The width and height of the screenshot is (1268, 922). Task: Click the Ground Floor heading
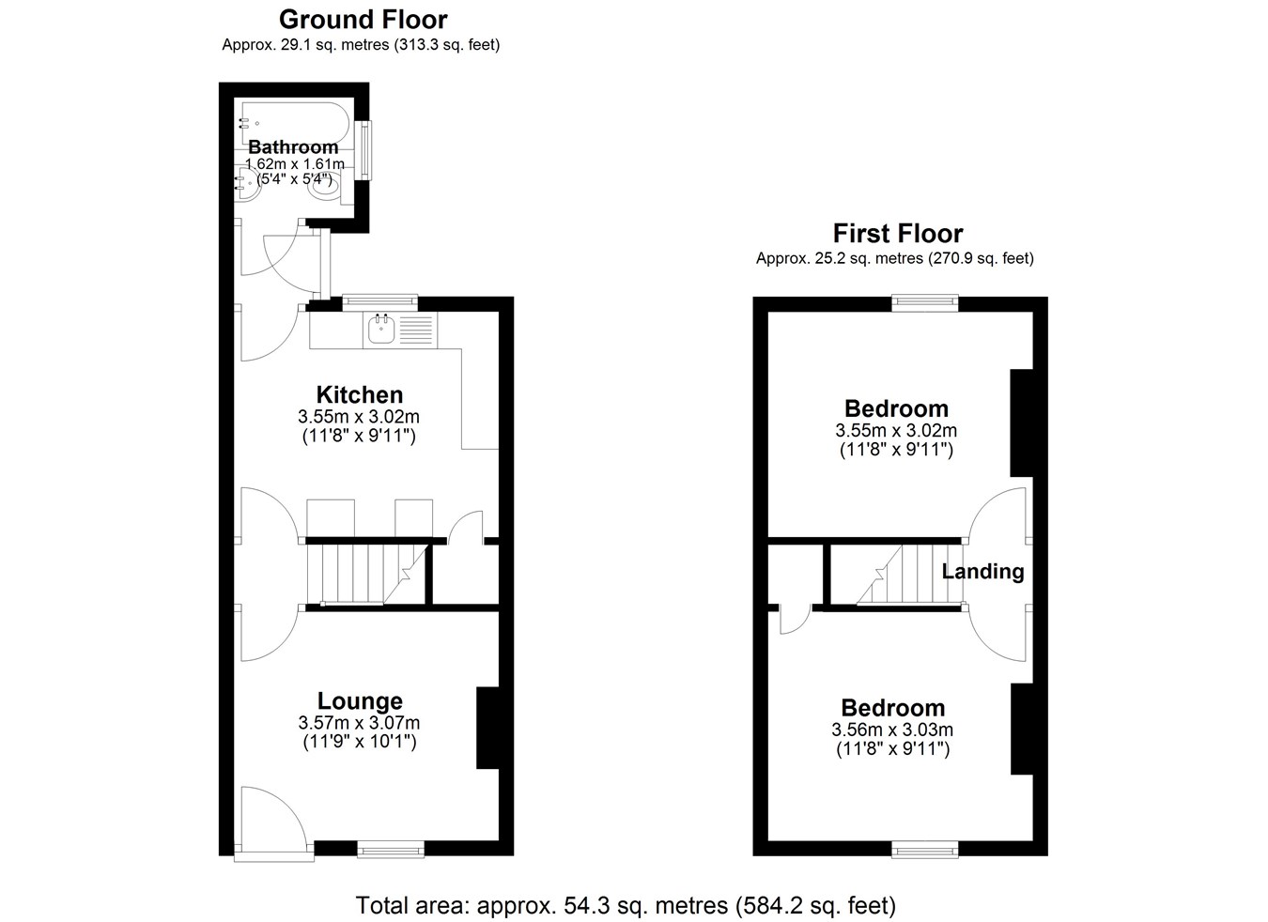coord(363,20)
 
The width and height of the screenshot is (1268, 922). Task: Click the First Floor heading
coord(898,233)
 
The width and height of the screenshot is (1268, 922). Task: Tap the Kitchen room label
coord(360,394)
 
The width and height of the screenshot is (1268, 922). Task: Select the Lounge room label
coord(360,700)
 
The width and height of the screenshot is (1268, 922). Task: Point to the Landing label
coord(982,572)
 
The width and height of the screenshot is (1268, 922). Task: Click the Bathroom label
coord(293,147)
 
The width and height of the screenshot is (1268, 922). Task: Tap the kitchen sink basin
coord(381,329)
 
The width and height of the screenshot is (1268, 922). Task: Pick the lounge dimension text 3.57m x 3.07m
coord(359,723)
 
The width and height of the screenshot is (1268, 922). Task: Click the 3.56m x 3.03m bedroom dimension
coord(892,730)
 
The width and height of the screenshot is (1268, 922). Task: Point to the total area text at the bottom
coord(626,905)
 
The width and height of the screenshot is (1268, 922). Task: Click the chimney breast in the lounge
coord(487,728)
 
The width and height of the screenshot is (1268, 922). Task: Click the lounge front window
coord(391,849)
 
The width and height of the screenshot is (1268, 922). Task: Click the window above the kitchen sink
coord(379,302)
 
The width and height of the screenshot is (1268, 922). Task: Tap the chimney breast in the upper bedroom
coord(1022,423)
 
